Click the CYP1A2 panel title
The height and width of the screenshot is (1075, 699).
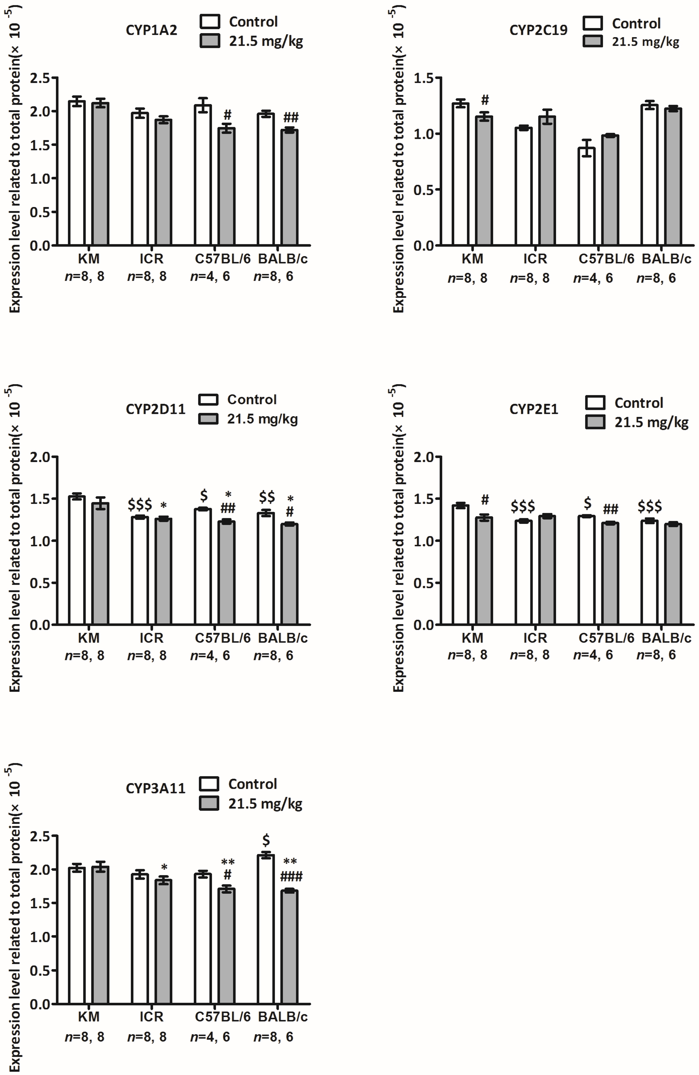point(151,30)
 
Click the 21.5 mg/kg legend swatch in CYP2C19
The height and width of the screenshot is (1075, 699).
point(592,42)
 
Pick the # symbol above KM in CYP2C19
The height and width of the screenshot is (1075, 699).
point(485,100)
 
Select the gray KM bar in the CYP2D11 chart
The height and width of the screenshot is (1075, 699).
point(100,565)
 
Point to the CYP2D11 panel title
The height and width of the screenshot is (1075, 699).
point(155,409)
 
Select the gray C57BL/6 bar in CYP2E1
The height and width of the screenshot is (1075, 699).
point(610,574)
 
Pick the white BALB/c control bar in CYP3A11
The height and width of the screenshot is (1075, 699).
point(266,930)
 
